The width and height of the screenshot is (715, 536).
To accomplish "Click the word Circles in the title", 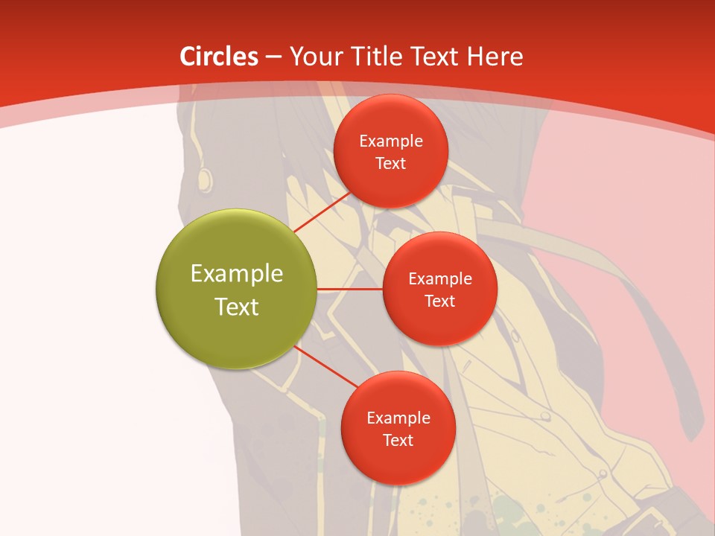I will [218, 57].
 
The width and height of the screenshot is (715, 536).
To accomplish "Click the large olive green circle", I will [237, 289].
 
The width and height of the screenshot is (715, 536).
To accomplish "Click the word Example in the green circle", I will [237, 274].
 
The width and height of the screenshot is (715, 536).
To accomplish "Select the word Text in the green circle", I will [237, 307].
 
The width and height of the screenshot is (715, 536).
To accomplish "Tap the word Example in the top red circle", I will [391, 141].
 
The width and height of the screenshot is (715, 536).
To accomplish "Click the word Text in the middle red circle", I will [439, 301].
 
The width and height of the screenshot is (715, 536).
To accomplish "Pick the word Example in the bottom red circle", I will [398, 418].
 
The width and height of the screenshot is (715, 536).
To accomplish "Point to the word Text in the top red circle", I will [390, 164].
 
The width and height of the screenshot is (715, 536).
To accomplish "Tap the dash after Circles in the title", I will [273, 57].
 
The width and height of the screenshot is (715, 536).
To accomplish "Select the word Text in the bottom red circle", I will [398, 441].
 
